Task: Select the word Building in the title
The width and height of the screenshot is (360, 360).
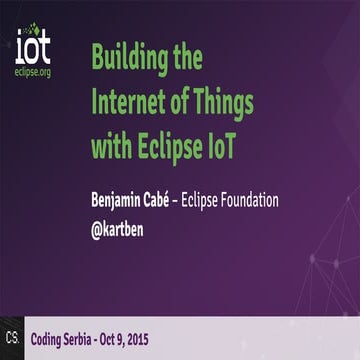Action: tap(128, 58)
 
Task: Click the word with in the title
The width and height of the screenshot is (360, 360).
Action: tap(110, 148)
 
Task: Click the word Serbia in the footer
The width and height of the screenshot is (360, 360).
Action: tap(99, 337)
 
